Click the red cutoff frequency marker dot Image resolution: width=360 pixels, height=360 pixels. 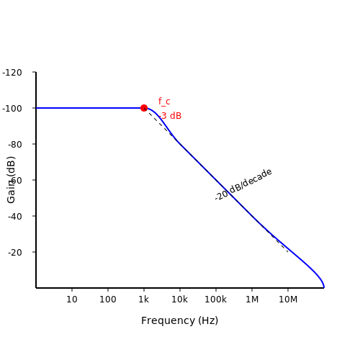(144, 108)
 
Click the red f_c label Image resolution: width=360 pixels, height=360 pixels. (164, 102)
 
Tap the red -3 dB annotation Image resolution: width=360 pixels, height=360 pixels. (170, 116)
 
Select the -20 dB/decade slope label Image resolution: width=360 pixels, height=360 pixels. (243, 184)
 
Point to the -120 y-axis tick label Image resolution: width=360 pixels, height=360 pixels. (12, 73)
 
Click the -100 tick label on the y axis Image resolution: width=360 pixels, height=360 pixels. (12, 109)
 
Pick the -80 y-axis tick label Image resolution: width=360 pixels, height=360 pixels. (15, 145)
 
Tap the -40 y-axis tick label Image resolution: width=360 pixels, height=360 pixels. (15, 217)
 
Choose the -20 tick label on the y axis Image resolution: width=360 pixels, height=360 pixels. (15, 253)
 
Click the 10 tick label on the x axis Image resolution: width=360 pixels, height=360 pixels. (72, 300)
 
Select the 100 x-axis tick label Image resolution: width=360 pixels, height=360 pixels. (108, 300)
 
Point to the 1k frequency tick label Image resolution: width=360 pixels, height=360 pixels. (144, 300)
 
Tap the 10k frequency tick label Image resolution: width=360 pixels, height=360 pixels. (180, 300)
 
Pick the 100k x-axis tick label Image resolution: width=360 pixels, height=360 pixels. (216, 300)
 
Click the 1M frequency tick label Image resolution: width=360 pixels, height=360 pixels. (252, 300)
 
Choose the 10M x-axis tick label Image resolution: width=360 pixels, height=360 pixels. (288, 300)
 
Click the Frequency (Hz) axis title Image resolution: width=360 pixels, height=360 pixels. (180, 320)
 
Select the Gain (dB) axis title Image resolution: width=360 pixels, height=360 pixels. (11, 180)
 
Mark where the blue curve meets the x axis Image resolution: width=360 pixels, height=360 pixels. (324, 287)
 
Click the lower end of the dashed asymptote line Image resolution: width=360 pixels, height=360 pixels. (288, 252)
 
